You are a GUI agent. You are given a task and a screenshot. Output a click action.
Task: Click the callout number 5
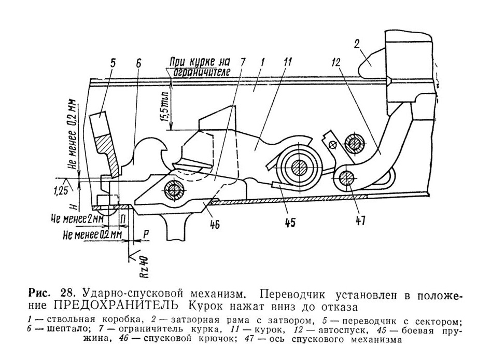point(113,64)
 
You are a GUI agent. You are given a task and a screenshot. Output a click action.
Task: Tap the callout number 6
point(138,64)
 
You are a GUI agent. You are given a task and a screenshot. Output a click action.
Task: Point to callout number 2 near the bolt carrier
point(357,45)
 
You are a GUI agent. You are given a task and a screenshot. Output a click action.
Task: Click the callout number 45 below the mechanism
point(290,223)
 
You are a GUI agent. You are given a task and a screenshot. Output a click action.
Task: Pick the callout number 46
point(215,225)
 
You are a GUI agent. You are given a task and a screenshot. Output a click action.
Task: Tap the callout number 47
point(360,220)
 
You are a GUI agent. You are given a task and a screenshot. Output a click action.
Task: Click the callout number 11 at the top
point(287,62)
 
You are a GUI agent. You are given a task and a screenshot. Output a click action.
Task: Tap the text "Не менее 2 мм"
point(77,219)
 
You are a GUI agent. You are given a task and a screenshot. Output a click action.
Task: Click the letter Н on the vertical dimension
point(73,206)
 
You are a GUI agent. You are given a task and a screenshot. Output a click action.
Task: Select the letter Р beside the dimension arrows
point(146,234)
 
